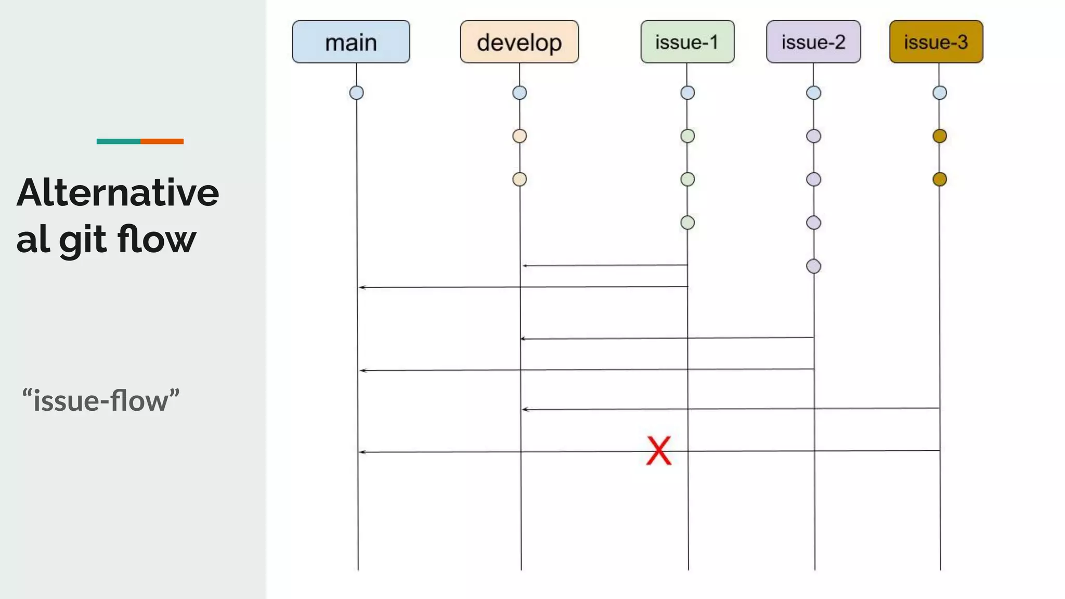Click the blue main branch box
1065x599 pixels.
tap(351, 42)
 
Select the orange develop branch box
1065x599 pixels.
tap(519, 42)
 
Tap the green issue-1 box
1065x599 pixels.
tap(687, 42)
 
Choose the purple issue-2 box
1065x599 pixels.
tap(813, 42)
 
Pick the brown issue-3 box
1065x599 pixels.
tap(936, 42)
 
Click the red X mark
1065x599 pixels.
tap(659, 450)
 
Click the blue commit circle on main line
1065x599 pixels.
tap(356, 93)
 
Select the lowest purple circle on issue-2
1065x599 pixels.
tap(813, 266)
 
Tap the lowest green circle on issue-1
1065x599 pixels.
tap(687, 223)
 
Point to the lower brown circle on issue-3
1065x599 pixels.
tap(939, 179)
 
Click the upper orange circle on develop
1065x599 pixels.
tap(519, 136)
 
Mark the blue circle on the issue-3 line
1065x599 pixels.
tap(939, 93)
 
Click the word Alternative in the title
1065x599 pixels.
tap(118, 193)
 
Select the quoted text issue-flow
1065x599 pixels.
tap(101, 400)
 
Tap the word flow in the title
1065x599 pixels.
tap(157, 239)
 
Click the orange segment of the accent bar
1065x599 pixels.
tap(162, 141)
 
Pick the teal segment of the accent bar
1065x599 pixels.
tap(118, 141)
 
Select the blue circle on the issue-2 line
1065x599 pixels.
tap(813, 93)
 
